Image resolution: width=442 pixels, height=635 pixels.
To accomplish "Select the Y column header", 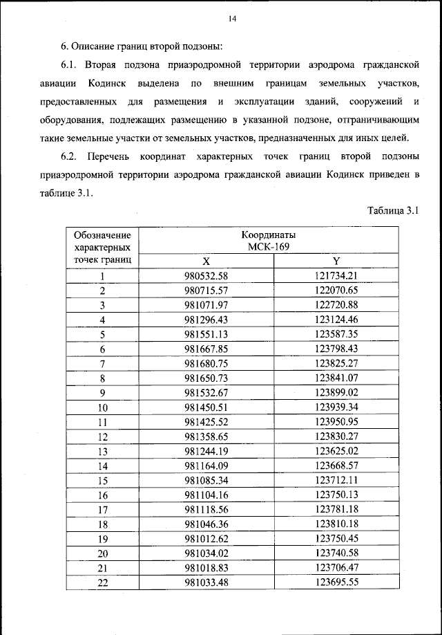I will coord(336,261).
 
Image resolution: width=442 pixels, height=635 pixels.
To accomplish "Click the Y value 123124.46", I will coord(335,320).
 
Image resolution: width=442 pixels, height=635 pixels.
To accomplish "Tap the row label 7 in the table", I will coord(102,364).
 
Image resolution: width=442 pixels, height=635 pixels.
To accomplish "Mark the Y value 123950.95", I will coord(335,422).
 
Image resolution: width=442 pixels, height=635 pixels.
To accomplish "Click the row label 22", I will coord(103,582).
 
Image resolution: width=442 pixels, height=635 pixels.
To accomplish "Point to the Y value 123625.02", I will coord(335,451).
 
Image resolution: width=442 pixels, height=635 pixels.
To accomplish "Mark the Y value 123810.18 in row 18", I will coord(335,524).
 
